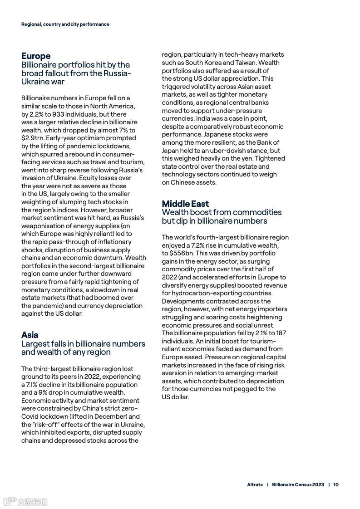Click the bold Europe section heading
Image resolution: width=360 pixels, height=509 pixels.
pyautogui.click(x=36, y=56)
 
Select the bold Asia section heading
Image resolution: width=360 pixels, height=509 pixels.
pyautogui.click(x=30, y=335)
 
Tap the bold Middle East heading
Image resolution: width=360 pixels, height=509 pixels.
pyautogui.click(x=185, y=204)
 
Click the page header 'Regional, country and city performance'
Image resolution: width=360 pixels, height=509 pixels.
pyautogui.click(x=65, y=24)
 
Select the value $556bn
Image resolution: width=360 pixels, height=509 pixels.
pyautogui.click(x=182, y=253)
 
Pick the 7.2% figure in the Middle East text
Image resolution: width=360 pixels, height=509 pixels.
pyautogui.click(x=197, y=245)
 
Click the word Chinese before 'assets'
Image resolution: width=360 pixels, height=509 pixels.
pyautogui.click(x=183, y=182)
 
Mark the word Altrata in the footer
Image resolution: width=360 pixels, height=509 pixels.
pyautogui.click(x=254, y=485)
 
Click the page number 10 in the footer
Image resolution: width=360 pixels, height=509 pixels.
pyautogui.click(x=336, y=485)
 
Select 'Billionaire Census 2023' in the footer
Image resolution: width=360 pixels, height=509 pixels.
pyautogui.click(x=298, y=485)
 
